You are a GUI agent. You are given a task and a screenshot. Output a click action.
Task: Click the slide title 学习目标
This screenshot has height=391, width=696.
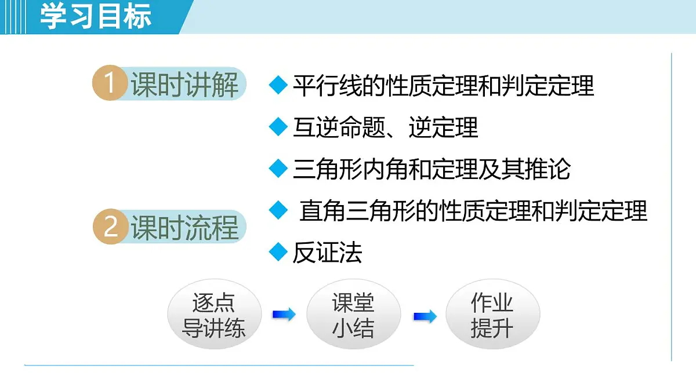pos(96,16)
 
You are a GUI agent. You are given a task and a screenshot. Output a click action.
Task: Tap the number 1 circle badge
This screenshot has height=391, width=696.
pos(109,84)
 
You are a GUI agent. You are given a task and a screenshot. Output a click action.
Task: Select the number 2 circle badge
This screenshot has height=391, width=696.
pos(109,226)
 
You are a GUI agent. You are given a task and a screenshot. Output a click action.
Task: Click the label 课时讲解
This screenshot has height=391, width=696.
pos(184,85)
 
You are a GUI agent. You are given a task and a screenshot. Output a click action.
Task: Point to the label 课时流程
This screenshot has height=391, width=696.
pos(184,227)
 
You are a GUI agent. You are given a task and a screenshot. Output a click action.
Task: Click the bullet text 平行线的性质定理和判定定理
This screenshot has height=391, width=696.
pos(443,86)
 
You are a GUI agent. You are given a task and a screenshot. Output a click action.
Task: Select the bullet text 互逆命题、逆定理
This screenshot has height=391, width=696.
pos(385,127)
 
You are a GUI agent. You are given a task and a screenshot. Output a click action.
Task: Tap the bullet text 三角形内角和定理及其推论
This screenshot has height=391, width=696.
pos(432,169)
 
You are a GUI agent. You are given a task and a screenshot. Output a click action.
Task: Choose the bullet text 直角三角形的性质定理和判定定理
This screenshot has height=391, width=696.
pos(473,211)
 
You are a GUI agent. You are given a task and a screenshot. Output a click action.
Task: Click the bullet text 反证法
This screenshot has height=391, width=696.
pos(327,253)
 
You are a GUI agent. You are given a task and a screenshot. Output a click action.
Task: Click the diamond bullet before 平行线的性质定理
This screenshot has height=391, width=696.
pos(279,85)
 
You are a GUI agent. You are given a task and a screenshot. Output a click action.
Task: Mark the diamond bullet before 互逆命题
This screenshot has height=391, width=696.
pos(279,127)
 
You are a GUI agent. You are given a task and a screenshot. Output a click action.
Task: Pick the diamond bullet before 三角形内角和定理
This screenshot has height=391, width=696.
pos(279,169)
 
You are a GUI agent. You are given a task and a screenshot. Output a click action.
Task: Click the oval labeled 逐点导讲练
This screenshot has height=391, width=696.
pos(214,316)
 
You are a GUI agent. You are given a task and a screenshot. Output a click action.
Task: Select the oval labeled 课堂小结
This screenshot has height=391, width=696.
pos(353,316)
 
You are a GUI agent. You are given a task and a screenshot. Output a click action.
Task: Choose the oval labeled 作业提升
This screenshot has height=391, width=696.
pos(492,316)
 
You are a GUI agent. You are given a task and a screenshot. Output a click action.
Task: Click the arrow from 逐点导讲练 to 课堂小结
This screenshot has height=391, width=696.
pos(284,315)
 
